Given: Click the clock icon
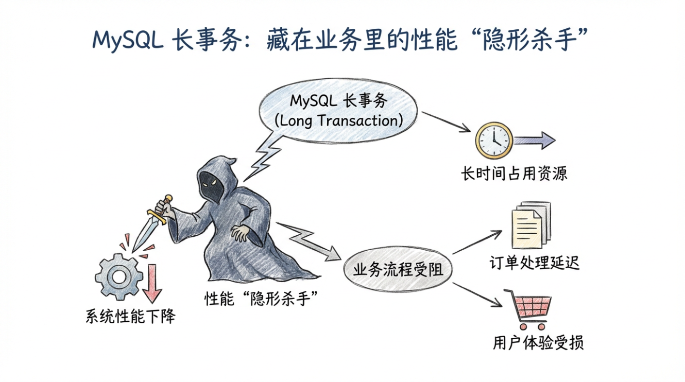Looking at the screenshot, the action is [493, 140].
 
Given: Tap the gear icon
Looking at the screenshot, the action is [119, 276].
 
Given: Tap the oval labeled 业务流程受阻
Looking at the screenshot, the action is [398, 269].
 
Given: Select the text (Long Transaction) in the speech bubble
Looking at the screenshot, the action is [338, 120].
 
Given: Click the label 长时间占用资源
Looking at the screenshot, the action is [513, 173].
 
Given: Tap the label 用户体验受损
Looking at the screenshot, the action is [538, 343].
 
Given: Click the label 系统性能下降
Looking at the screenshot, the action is [130, 316].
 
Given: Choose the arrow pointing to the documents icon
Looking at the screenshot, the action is [476, 242].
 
